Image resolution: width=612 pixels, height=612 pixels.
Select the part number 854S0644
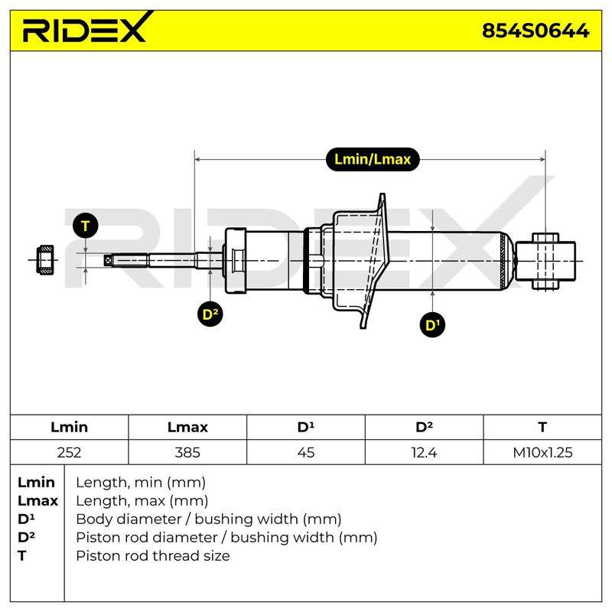click(x=535, y=31)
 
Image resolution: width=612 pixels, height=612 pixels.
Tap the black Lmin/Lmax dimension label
click(x=373, y=159)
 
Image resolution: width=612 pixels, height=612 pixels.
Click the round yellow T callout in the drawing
click(x=86, y=226)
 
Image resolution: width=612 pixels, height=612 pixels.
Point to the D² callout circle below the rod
click(x=210, y=314)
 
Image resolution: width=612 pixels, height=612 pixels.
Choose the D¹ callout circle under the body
click(x=432, y=324)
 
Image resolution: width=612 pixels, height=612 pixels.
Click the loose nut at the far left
click(x=45, y=260)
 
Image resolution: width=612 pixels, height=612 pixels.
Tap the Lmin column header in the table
click(x=69, y=427)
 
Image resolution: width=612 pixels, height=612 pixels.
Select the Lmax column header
click(x=187, y=427)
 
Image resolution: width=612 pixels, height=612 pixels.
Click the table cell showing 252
click(x=69, y=452)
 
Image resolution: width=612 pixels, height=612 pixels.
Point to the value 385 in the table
click(x=187, y=452)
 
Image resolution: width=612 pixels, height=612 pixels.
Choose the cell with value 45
click(x=305, y=452)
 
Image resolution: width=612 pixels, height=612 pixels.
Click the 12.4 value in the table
click(x=424, y=452)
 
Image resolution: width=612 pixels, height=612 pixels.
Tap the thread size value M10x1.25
click(x=542, y=452)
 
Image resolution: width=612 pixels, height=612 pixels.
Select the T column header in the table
click(x=542, y=427)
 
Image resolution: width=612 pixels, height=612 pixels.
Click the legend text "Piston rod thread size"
click(x=152, y=556)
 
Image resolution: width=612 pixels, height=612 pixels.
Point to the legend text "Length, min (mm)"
click(x=141, y=483)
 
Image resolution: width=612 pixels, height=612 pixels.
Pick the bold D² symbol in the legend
click(x=26, y=537)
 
